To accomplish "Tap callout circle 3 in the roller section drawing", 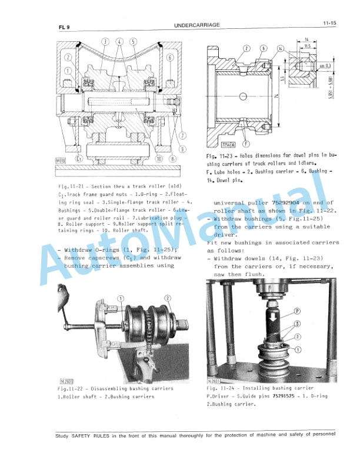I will (106, 41).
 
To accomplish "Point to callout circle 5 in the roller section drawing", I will (133, 41).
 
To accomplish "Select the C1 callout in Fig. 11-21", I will (79, 158).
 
